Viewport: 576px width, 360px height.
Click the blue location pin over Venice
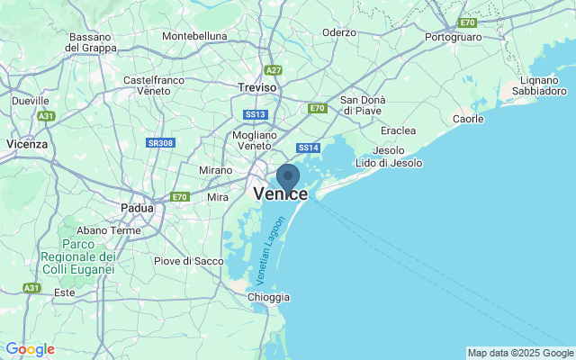pyautogui.click(x=288, y=176)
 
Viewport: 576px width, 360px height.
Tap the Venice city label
pyautogui.click(x=281, y=194)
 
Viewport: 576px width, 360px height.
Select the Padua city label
pyautogui.click(x=139, y=209)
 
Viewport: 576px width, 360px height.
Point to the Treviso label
pyautogui.click(x=258, y=87)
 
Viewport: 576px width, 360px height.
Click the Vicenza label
pyautogui.click(x=27, y=143)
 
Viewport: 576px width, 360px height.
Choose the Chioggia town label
pyautogui.click(x=268, y=297)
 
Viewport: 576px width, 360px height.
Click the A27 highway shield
pyautogui.click(x=274, y=69)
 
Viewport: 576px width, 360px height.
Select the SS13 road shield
pyautogui.click(x=256, y=114)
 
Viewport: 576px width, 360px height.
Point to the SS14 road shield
pyautogui.click(x=309, y=148)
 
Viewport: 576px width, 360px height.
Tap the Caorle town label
pyautogui.click(x=468, y=119)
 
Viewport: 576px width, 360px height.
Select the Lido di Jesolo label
pyautogui.click(x=390, y=163)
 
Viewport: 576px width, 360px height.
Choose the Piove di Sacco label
pyautogui.click(x=189, y=261)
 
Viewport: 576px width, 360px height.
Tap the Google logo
pyautogui.click(x=30, y=349)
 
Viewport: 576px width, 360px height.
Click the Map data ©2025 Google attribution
pyautogui.click(x=520, y=353)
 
